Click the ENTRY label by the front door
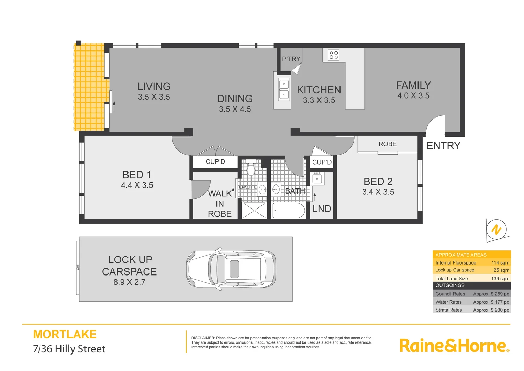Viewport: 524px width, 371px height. point(443,146)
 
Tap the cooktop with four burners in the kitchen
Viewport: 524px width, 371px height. point(334,55)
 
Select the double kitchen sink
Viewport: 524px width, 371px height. point(284,89)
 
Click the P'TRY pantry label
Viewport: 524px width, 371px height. point(291,59)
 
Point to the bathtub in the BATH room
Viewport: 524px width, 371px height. point(289,211)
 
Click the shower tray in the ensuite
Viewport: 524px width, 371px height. point(254,211)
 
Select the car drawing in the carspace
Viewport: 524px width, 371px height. point(231,269)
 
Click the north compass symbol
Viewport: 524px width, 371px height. point(497,229)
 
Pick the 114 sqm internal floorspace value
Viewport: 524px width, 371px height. point(500,263)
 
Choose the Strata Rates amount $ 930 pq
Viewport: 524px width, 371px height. point(491,310)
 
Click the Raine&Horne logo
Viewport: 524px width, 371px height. point(454,346)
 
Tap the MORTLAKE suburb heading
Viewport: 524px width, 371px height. point(65,334)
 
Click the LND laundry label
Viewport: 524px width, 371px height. point(322,209)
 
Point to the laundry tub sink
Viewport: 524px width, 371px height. point(317,179)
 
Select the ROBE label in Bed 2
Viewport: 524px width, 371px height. point(388,144)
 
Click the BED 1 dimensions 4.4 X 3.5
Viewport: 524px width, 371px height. point(137,185)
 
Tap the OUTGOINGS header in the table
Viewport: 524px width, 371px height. point(450,285)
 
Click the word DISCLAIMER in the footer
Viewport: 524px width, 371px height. point(203,338)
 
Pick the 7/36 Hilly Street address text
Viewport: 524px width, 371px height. point(69,349)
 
